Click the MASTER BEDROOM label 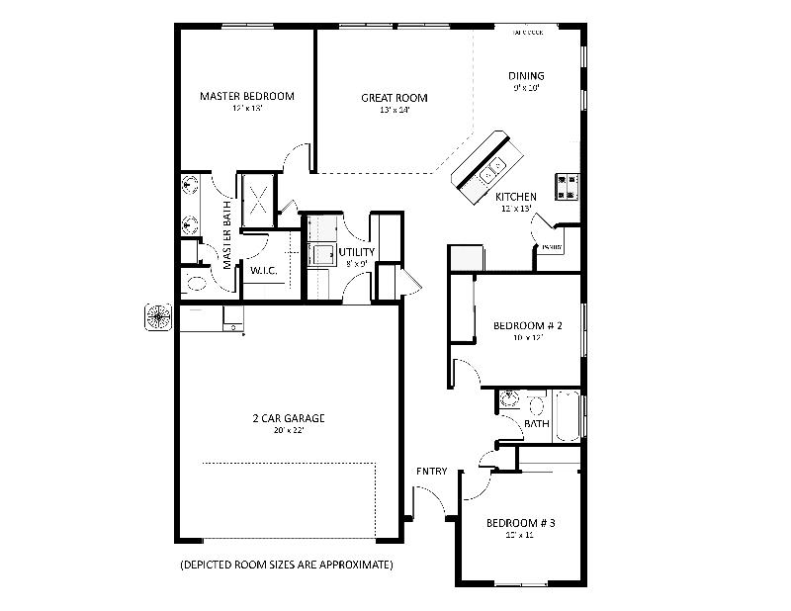(246, 96)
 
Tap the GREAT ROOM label (394, 98)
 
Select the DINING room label (526, 76)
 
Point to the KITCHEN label (515, 197)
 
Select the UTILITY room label (356, 252)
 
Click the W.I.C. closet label (262, 270)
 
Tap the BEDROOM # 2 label (528, 326)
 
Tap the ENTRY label (431, 472)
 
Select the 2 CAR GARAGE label (288, 418)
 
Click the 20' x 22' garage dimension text (288, 431)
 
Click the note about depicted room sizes (287, 566)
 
